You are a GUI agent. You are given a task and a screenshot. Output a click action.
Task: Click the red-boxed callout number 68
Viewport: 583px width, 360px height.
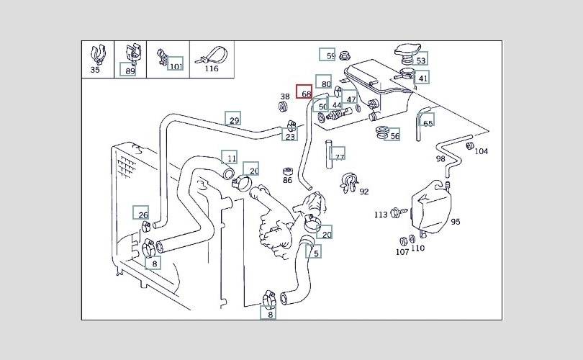pyautogui.click(x=306, y=94)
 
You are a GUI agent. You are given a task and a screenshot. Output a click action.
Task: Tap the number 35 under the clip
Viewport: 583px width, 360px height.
pyautogui.click(x=96, y=70)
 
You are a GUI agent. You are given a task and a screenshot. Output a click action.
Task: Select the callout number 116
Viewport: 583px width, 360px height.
pyautogui.click(x=211, y=69)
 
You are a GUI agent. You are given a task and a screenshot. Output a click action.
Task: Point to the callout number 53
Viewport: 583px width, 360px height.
pyautogui.click(x=420, y=60)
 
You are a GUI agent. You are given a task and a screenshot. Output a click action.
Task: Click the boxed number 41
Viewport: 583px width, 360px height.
pyautogui.click(x=422, y=78)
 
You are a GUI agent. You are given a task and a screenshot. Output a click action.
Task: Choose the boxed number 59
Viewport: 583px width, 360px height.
pyautogui.click(x=330, y=55)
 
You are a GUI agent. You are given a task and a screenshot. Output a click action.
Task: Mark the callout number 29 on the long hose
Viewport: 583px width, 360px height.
pyautogui.click(x=233, y=120)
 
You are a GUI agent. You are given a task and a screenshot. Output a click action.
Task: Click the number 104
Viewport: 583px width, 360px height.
pyautogui.click(x=482, y=151)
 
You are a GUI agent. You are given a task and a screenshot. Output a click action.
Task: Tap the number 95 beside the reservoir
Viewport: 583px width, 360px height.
pyautogui.click(x=455, y=222)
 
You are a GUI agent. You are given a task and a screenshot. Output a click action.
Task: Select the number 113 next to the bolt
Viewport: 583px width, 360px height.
pyautogui.click(x=381, y=215)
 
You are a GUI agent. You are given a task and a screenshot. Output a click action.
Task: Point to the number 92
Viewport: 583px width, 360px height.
pyautogui.click(x=363, y=192)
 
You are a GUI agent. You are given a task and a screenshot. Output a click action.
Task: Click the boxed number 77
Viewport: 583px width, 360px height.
pyautogui.click(x=340, y=156)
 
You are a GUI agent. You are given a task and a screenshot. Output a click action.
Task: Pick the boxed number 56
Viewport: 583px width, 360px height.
pyautogui.click(x=394, y=135)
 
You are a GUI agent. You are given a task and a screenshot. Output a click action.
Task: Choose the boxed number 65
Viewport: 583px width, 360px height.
pyautogui.click(x=428, y=123)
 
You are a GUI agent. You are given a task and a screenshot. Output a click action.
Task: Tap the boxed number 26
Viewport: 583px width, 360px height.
pyautogui.click(x=143, y=215)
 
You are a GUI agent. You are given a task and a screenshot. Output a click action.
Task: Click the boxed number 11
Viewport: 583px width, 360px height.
pyautogui.click(x=230, y=158)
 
